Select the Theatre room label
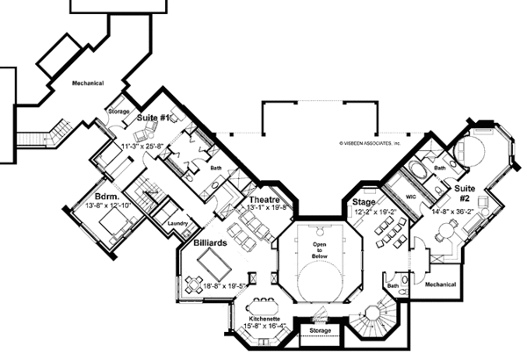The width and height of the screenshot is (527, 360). [x=263, y=199]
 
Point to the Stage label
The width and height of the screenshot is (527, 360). [x=364, y=201]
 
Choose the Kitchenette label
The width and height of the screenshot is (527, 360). [x=264, y=316]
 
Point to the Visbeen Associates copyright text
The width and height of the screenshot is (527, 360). [x=369, y=141]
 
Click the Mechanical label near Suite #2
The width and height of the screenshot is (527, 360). [x=439, y=284]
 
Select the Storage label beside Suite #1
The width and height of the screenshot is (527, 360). [x=119, y=112]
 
